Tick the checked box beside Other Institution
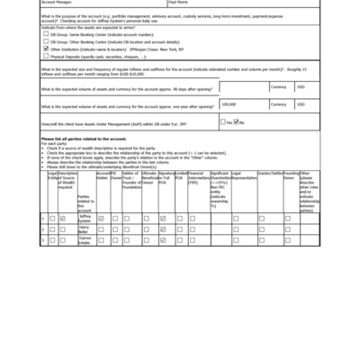click(x=46, y=49)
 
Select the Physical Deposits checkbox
click(x=46, y=56)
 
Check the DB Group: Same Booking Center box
click(x=46, y=35)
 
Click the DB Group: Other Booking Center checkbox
click(x=46, y=42)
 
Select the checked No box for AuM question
click(x=238, y=121)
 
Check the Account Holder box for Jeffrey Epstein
click(x=102, y=218)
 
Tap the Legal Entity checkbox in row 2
click(x=52, y=229)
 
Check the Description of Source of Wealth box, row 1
click(x=63, y=218)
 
